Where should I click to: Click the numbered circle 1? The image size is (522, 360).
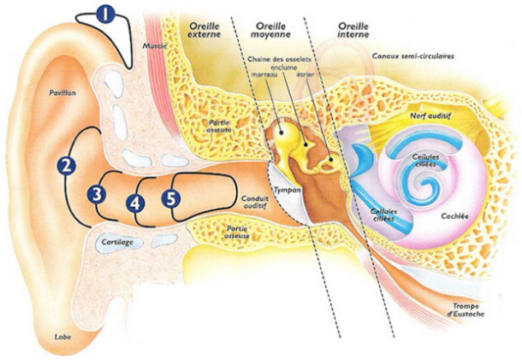(x=104, y=14)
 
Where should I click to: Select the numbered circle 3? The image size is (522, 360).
(x=98, y=194)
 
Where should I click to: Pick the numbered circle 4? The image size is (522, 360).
(x=134, y=203)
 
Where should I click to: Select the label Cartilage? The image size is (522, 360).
(x=117, y=243)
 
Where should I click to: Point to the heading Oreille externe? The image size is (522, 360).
(x=203, y=30)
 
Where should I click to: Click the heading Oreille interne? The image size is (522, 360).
(x=352, y=30)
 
